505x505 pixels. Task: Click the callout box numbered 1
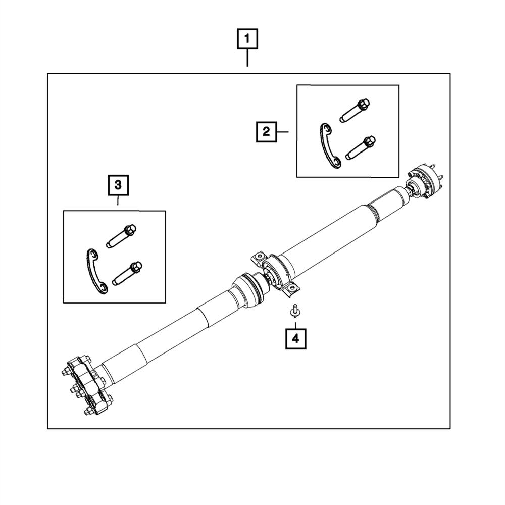(x=247, y=39)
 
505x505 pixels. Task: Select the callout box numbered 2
(x=266, y=132)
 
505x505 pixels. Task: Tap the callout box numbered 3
(x=118, y=185)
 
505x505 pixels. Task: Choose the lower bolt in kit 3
(x=127, y=273)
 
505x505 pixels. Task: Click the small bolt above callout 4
(x=294, y=311)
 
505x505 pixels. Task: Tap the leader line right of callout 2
(x=283, y=132)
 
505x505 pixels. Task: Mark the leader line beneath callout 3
(x=118, y=200)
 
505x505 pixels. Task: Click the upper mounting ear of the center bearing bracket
(x=261, y=255)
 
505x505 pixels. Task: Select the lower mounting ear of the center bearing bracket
(x=292, y=290)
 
